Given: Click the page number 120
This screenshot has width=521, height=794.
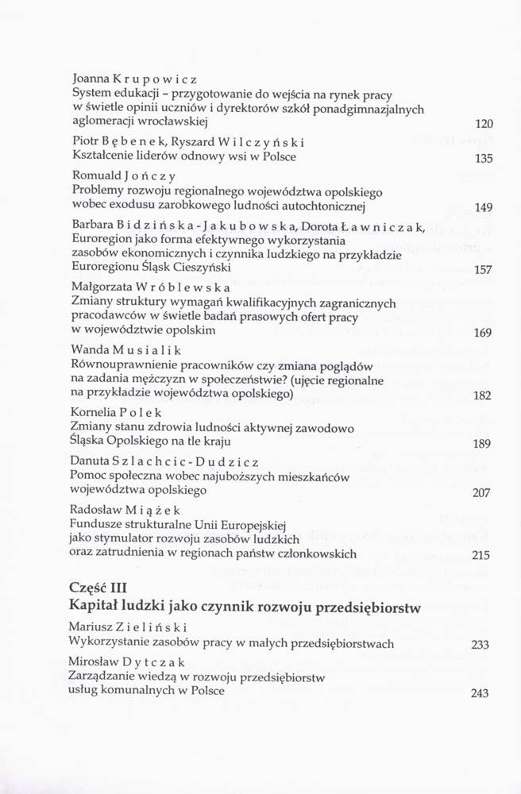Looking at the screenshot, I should click(484, 124).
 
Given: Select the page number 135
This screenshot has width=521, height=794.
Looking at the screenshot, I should click(484, 158).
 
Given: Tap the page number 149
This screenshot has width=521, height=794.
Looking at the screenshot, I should click(484, 208).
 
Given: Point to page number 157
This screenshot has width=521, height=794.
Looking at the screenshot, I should click(484, 270).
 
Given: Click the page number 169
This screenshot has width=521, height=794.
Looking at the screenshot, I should click(483, 333).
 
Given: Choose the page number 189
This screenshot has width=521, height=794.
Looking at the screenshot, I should click(482, 444).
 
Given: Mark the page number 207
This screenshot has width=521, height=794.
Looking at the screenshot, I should click(482, 493).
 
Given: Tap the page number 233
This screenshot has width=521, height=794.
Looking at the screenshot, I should click(480, 645).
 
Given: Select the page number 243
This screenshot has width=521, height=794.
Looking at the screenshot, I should click(480, 693).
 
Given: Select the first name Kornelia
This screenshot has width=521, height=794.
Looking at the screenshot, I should click(93, 413).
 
